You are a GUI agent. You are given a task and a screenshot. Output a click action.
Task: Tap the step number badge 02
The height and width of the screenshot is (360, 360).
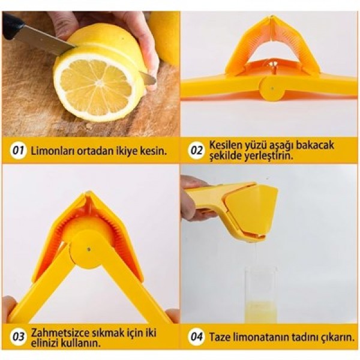coord(197,150)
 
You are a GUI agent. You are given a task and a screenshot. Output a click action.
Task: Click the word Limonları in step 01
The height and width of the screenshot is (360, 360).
coord(52,150)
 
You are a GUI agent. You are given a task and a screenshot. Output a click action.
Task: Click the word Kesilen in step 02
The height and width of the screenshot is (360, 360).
coord(227,145)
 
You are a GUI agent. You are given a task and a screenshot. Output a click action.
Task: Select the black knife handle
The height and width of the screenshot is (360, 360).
coord(12,25)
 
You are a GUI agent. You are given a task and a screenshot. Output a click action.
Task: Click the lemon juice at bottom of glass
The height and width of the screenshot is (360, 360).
coord(260,311)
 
